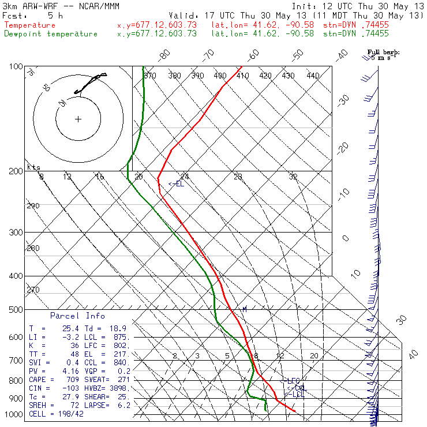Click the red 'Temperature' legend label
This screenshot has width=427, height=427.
coord(30,25)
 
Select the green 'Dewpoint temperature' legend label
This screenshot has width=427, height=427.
coord(51,34)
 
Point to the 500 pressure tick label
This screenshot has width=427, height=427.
coord(15,310)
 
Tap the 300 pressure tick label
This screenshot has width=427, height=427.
coord(15,233)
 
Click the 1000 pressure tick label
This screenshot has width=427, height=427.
coord(13,414)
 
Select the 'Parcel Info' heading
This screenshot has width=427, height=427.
coord(77,316)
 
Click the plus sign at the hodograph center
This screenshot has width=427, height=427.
coord(78,119)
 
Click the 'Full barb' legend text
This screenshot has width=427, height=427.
coord(383,52)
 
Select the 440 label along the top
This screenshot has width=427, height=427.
coord(313,76)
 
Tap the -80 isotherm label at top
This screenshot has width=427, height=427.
coord(164,55)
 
